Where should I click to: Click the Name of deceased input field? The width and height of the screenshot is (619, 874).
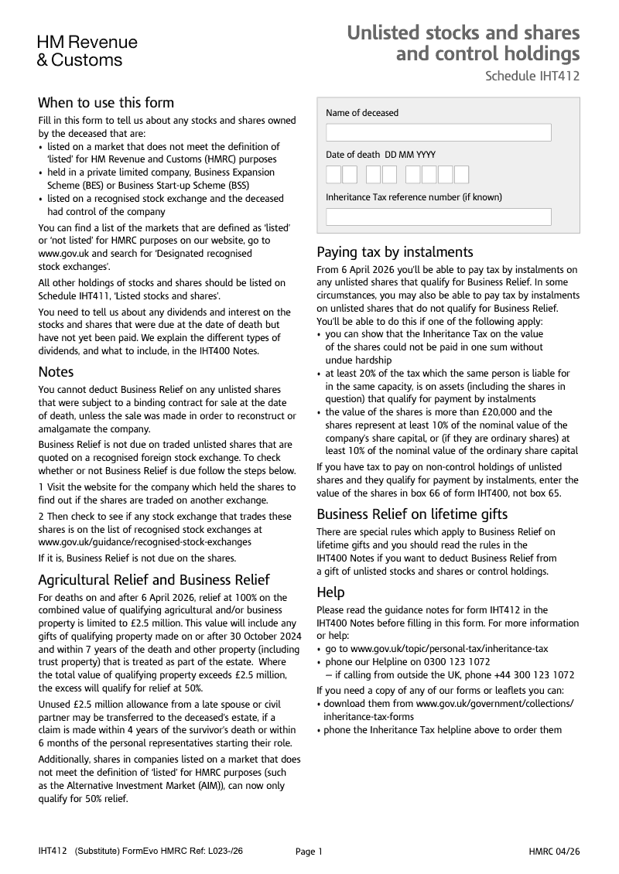[x=438, y=132]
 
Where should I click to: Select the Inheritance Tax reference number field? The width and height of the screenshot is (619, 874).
[x=438, y=217]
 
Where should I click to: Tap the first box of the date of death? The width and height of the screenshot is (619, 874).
[x=333, y=174]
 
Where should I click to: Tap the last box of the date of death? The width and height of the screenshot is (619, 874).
[x=461, y=174]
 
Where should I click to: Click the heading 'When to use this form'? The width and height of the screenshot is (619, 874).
[x=106, y=103]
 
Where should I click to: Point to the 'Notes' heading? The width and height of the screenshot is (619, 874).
[x=56, y=372]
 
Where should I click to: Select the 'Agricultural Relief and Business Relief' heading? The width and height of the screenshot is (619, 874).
[x=154, y=580]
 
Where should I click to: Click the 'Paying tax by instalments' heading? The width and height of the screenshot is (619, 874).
[x=395, y=252]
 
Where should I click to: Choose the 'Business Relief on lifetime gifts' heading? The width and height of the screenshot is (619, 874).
[x=412, y=514]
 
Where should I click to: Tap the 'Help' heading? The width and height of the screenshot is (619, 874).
[x=330, y=592]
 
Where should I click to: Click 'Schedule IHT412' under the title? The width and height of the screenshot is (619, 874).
[x=532, y=76]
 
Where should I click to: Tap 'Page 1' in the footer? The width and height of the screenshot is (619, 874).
[x=309, y=852]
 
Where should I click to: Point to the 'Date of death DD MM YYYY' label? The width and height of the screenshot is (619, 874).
[x=381, y=155]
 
